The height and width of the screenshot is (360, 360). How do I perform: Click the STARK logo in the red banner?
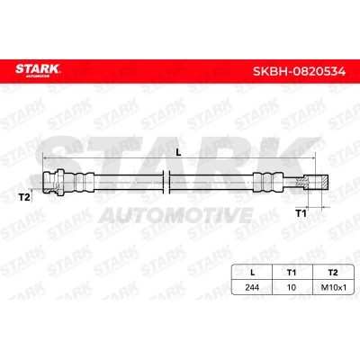[x=38, y=70]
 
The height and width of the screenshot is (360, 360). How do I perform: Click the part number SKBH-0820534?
[x=299, y=71]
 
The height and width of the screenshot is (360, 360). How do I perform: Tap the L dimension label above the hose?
[x=178, y=152]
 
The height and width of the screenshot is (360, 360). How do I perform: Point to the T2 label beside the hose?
[x=24, y=197]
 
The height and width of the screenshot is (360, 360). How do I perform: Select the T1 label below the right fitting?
[x=301, y=213]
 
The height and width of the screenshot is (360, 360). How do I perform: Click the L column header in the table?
[x=252, y=273]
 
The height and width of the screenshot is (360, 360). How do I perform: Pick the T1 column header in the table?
[x=292, y=273]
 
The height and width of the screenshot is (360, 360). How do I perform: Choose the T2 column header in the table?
[x=333, y=273]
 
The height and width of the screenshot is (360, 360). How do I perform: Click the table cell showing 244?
[x=252, y=287]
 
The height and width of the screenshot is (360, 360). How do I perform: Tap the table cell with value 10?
[x=292, y=287]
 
